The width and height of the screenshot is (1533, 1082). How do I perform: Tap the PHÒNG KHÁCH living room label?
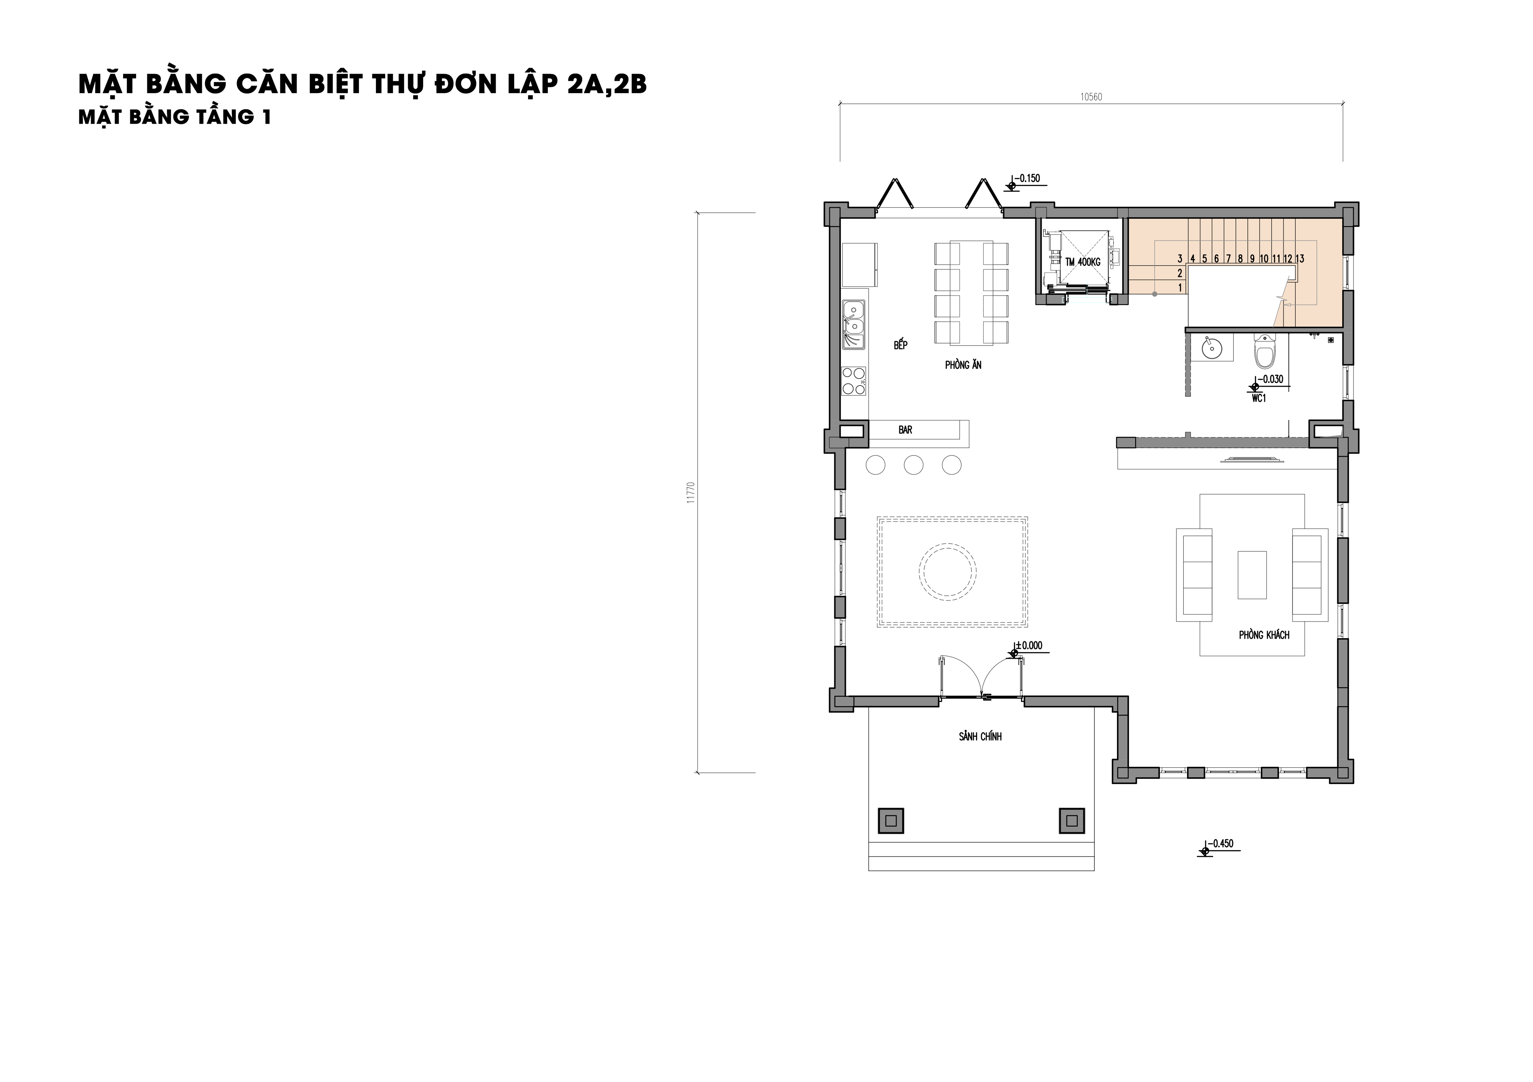[1264, 635]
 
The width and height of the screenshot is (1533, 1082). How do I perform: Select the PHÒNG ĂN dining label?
[963, 365]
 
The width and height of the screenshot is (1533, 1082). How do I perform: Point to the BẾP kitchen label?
[901, 344]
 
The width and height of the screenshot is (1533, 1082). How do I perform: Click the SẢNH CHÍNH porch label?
[980, 736]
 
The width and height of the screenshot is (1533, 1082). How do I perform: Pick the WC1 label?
[1259, 398]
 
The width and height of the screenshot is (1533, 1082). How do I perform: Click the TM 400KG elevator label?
[1082, 262]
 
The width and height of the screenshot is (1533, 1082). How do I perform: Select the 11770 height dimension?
[691, 493]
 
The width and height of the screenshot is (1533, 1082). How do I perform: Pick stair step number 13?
[1299, 258]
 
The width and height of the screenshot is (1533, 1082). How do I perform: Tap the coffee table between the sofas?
[1252, 575]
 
